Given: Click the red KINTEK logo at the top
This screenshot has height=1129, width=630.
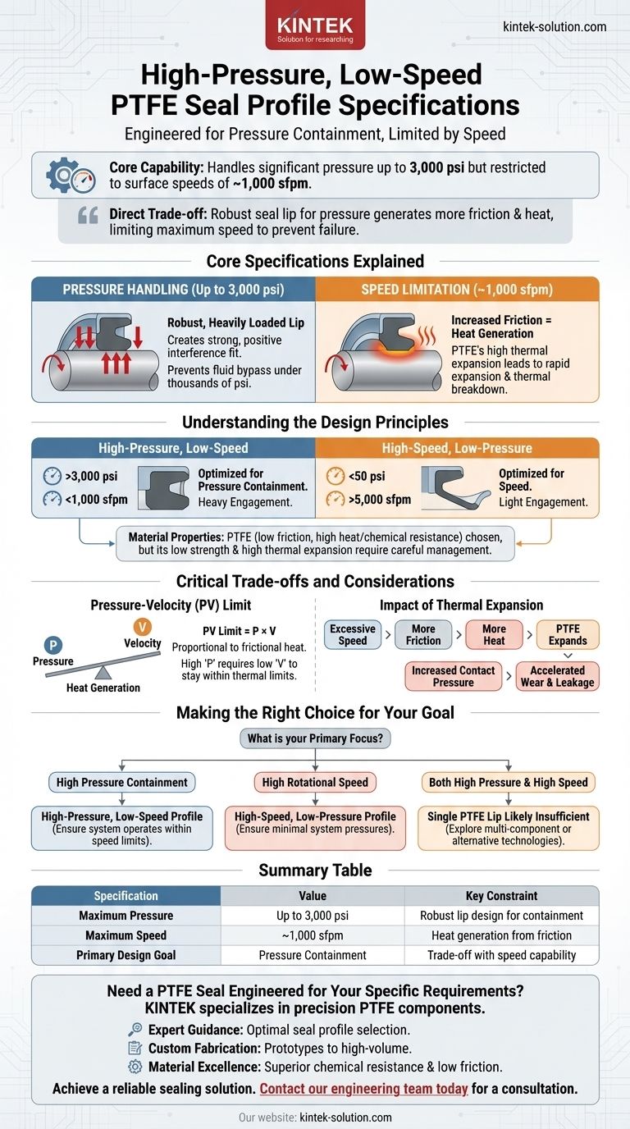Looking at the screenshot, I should pos(315,26).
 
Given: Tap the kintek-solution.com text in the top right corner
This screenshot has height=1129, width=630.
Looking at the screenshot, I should pos(554,27).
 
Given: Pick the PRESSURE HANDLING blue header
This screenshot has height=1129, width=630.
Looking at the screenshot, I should pos(173,290).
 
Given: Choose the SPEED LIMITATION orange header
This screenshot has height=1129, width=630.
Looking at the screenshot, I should pos(457,290).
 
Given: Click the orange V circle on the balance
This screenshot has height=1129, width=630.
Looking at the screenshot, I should pos(143,627).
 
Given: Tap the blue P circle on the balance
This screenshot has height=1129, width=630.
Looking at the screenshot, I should pos(49,646).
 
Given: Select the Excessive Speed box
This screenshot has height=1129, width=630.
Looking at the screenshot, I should pos(352,634).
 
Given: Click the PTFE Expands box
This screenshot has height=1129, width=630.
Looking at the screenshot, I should pos(568,634).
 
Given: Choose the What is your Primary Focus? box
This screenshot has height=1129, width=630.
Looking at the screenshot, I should pos(315,738).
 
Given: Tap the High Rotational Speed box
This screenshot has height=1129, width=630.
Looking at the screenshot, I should pos(315,782).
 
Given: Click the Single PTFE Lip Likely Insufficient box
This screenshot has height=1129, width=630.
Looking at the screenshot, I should pos(509,827).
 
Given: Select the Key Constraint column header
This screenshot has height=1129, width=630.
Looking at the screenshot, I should pos(501,896).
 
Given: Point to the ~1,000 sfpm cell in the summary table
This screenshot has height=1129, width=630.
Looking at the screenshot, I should pos(313,935).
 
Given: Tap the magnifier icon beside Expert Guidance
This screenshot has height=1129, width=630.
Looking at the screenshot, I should pos(136,1029).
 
